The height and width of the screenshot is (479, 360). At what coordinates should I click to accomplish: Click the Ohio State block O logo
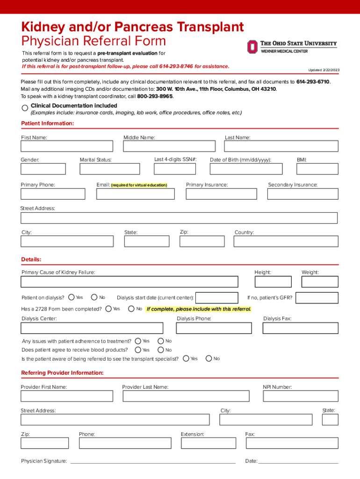click(x=252, y=46)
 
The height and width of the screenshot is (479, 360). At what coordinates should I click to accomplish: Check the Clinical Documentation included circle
click(x=25, y=108)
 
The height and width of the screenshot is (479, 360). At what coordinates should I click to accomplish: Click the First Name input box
click(x=67, y=146)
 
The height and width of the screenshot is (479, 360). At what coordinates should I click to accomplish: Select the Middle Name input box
click(x=169, y=146)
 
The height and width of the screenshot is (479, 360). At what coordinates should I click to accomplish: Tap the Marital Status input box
click(x=110, y=169)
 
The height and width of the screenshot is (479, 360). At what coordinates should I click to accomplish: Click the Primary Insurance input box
click(x=221, y=194)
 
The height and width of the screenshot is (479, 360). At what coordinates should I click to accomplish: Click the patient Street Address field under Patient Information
click(x=179, y=218)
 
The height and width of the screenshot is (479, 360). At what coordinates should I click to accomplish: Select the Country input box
click(x=286, y=241)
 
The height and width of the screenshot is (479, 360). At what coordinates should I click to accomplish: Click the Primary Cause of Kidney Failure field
click(x=130, y=282)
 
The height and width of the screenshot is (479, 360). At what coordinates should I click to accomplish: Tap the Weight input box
click(x=320, y=282)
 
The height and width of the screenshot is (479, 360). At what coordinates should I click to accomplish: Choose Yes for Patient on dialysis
click(x=72, y=297)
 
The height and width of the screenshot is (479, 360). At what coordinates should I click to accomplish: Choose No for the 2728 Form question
click(x=132, y=309)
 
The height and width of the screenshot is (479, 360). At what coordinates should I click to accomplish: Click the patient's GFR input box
click(x=317, y=298)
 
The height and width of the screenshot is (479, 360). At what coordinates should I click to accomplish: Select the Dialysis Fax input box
click(x=300, y=328)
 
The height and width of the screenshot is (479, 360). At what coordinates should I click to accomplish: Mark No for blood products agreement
click(x=161, y=350)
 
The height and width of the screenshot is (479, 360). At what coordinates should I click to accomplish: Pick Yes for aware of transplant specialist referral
click(x=186, y=359)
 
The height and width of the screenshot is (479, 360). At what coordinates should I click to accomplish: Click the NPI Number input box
click(x=300, y=396)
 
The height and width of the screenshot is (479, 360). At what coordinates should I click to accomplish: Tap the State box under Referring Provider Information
click(x=330, y=420)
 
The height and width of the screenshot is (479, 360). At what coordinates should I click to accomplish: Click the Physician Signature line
click(x=152, y=463)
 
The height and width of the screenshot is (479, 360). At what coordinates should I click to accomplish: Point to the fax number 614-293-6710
click(x=313, y=82)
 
